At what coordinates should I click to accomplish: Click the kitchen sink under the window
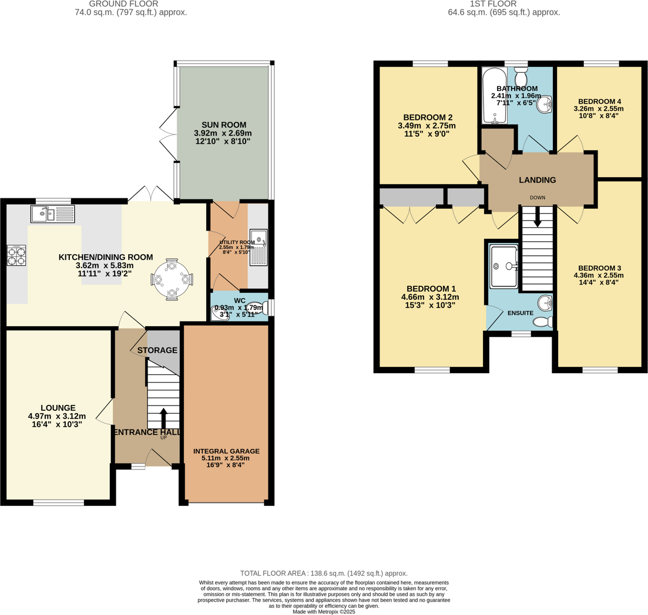52,214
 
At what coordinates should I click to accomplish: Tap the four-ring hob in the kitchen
16,255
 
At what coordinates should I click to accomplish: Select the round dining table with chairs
172,279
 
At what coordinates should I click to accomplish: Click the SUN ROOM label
224,124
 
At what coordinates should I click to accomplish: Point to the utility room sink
258,247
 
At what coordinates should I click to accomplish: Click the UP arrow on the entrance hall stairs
164,418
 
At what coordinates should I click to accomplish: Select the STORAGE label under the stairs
157,350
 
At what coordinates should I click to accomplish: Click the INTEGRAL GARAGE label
226,451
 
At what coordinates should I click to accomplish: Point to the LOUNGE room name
58,408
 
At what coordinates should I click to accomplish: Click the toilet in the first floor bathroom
521,75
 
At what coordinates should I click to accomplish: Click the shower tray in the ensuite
504,266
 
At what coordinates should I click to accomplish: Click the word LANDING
537,180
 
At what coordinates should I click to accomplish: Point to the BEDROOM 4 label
600,102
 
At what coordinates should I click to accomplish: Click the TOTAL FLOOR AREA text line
324,573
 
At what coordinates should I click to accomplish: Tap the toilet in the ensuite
543,322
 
